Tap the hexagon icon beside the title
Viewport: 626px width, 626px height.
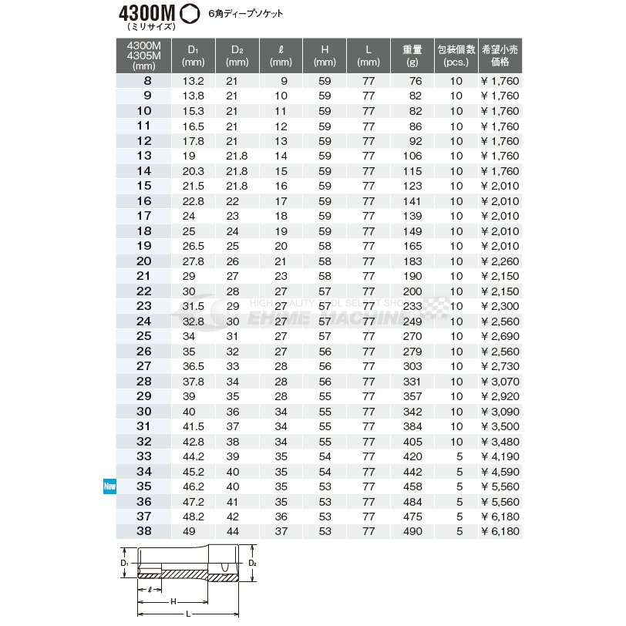189,14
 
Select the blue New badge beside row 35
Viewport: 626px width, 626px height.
109,486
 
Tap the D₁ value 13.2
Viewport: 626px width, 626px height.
193,81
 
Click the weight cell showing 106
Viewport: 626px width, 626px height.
412,156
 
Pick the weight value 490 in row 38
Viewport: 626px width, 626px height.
412,531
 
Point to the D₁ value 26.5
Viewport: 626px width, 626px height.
193,246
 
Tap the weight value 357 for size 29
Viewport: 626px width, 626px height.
412,396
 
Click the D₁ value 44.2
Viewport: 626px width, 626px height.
193,456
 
